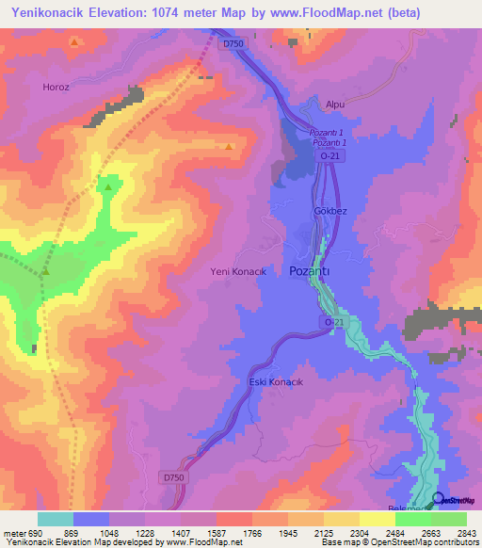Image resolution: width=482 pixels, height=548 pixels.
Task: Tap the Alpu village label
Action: tap(336, 107)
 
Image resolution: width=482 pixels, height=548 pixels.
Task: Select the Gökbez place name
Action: tap(330, 211)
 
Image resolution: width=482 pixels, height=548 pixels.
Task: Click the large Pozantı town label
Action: tap(310, 270)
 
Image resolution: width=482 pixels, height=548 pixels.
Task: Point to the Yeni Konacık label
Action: tap(238, 271)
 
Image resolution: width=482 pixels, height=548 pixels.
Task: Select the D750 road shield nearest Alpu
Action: tap(233, 43)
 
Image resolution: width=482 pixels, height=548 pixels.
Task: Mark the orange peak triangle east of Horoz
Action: tap(229, 147)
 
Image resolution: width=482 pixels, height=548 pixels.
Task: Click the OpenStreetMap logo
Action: tap(454, 499)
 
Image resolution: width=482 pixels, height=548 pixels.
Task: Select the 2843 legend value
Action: tap(466, 534)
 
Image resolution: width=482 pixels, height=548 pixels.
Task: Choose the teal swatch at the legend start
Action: tap(55, 519)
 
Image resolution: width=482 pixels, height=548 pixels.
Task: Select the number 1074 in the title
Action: tap(176, 12)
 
